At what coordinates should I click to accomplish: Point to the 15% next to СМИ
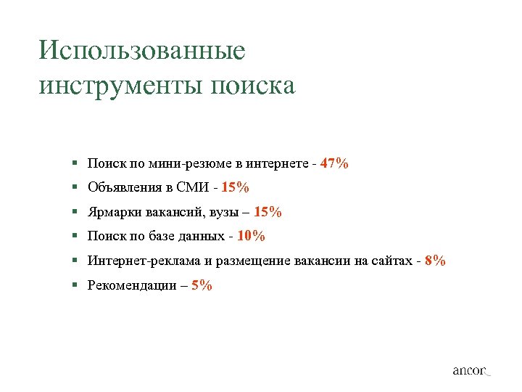[236, 188]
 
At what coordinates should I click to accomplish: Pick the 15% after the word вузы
[268, 213]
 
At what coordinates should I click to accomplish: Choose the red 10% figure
[252, 236]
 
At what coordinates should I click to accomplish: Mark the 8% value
[436, 261]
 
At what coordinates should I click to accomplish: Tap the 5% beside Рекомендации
[202, 285]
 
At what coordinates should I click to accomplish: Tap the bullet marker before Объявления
[75, 188]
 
